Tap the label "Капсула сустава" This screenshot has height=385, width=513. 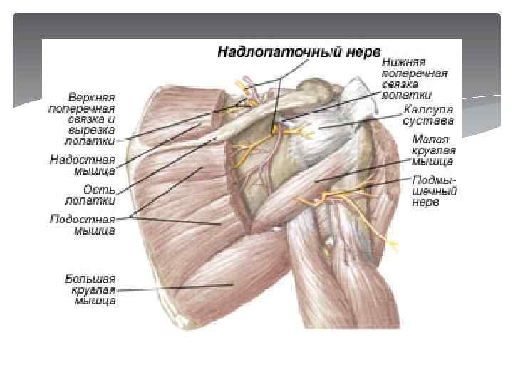tap(427, 115)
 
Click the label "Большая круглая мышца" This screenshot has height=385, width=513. tap(89, 289)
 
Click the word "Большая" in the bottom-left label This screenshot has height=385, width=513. tap(88, 278)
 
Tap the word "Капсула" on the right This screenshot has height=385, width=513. tap(427, 110)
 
